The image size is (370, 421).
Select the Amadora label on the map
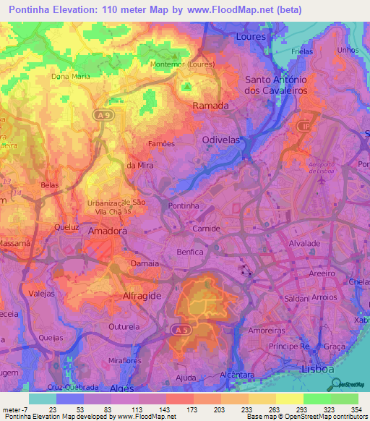pyautogui.click(x=107, y=231)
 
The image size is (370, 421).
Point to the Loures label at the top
pyautogui.click(x=252, y=35)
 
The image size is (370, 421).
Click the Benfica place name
pyautogui.click(x=191, y=252)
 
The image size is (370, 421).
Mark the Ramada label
pyautogui.click(x=210, y=106)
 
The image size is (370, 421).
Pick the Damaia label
pyautogui.click(x=145, y=264)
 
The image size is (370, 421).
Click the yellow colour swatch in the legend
pyautogui.click(x=289, y=399)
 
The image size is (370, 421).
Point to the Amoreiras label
pyautogui.click(x=265, y=329)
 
